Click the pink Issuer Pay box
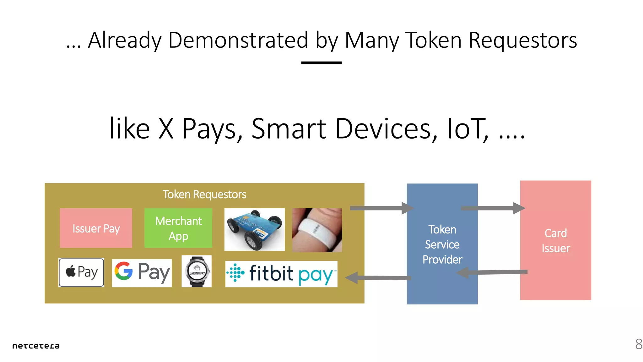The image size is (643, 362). click(x=96, y=228)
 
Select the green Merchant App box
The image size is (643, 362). click(x=178, y=228)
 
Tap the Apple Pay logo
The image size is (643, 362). click(x=81, y=272)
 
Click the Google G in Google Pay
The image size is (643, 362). click(x=123, y=271)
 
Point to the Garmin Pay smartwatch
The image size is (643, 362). click(x=197, y=271)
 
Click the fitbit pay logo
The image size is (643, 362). click(x=281, y=274)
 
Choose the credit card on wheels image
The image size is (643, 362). click(x=254, y=229)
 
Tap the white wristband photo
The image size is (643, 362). click(x=317, y=230)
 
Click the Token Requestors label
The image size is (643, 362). click(x=204, y=195)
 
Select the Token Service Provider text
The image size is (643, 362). click(x=442, y=244)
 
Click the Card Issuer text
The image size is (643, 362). click(x=555, y=241)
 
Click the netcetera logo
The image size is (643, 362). click(x=36, y=346)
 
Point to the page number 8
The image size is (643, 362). click(x=638, y=344)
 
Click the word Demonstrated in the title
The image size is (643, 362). click(x=238, y=40)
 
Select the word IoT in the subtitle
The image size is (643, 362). click(x=467, y=129)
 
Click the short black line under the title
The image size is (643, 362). click(x=321, y=63)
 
